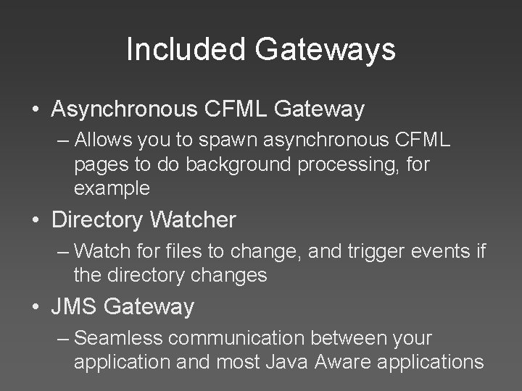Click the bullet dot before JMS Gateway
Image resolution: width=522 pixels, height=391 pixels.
(36, 307)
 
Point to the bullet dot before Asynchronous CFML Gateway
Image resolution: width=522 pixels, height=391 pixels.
(36, 110)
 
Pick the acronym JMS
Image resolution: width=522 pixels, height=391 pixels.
(75, 306)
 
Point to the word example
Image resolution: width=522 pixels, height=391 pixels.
(112, 190)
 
